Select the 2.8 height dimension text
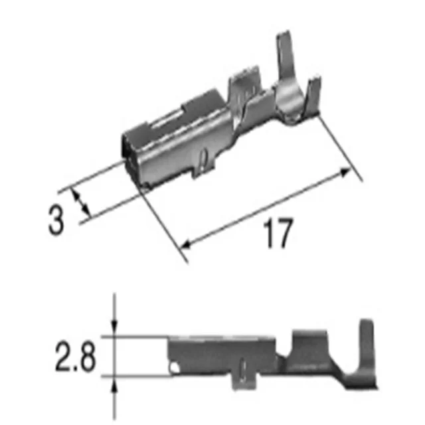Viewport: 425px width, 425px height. (x=74, y=357)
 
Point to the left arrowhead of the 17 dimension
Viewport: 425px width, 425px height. (x=186, y=244)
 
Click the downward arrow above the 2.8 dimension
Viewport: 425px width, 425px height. (x=116, y=328)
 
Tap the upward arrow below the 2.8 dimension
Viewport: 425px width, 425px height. (x=116, y=383)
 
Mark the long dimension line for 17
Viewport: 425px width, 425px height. (x=266, y=207)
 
